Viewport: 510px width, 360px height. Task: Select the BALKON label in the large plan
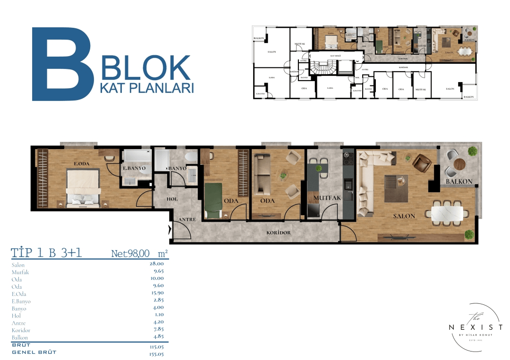point(459,182)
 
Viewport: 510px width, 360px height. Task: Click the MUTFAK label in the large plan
point(323,198)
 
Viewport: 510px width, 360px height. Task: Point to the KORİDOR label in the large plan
point(278,233)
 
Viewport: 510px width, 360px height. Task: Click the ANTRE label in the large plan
point(187,220)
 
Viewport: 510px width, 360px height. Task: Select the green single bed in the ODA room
point(213,200)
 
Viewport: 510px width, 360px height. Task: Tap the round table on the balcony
point(458,164)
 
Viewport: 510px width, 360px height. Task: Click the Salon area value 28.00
point(157,265)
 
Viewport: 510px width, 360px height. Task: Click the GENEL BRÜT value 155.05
point(157,352)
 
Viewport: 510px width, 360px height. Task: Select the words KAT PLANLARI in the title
point(147,88)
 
